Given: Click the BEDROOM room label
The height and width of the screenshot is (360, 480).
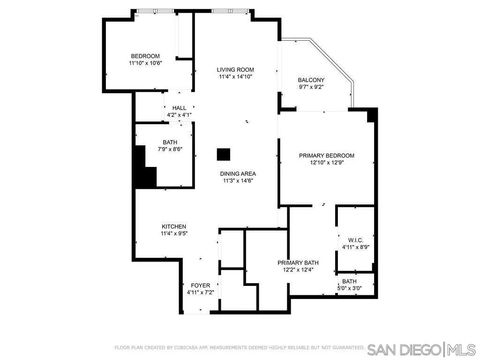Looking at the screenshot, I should click(x=144, y=55).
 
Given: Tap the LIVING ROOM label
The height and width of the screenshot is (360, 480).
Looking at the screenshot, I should click(x=236, y=69).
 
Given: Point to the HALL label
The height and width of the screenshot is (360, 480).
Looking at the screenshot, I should click(x=179, y=108).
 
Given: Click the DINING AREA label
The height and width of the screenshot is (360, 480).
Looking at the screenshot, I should click(x=239, y=173).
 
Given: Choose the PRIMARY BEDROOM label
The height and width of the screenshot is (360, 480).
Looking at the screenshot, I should click(x=327, y=156).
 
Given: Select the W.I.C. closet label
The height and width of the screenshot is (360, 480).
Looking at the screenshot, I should click(x=356, y=239).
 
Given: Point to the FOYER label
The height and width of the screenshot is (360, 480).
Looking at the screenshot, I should click(x=201, y=285).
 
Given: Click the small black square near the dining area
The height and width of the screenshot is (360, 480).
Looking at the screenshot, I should click(x=224, y=154).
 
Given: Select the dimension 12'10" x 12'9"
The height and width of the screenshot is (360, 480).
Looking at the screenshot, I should click(x=327, y=163).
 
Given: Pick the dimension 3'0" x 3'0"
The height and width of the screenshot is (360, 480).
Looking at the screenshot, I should click(x=349, y=288).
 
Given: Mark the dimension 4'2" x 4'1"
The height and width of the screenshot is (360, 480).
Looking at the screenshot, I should click(x=179, y=115).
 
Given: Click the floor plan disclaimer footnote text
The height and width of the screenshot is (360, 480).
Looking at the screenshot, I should click(x=239, y=349).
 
